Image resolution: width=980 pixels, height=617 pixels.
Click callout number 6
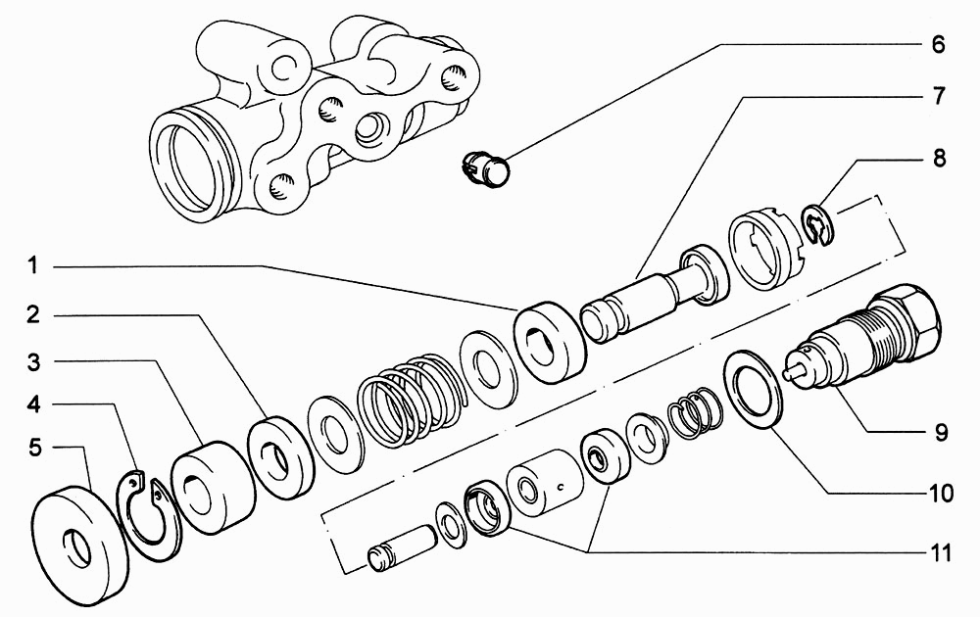coord(938,45)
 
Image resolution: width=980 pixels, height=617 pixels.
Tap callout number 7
coord(939,96)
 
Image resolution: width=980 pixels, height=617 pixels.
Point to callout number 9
coord(941,432)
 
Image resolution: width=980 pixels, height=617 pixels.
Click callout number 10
coord(941,494)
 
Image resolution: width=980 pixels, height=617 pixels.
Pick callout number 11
coord(940,552)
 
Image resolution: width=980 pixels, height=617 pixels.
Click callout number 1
coord(32,266)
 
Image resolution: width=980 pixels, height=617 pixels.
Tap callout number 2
coord(33,314)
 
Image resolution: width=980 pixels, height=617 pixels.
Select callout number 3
coord(33,362)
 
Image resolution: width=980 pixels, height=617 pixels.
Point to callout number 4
coord(33,404)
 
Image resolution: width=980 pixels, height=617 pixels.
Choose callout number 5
coord(34,448)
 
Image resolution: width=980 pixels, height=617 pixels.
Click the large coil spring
coord(413,400)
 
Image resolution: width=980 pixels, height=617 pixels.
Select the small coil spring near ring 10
coord(695,411)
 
